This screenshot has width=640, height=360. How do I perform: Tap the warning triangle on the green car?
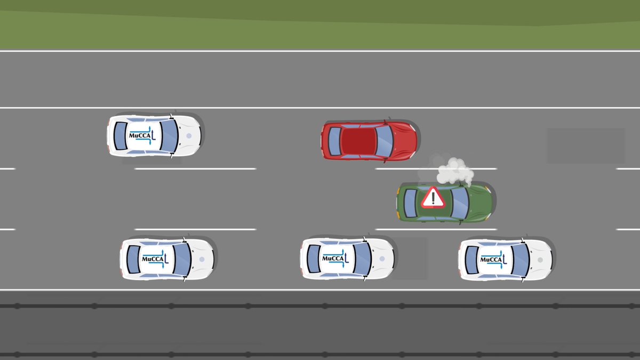(433, 198)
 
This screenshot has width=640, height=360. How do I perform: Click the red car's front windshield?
(384, 141)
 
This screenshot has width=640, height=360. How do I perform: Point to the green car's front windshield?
(460, 203)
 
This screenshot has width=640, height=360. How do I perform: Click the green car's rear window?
(410, 203)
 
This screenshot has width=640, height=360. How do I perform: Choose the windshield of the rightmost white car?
(520, 260)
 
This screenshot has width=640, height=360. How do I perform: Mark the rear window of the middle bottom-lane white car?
(314, 259)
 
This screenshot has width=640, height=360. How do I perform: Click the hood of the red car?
(404, 141)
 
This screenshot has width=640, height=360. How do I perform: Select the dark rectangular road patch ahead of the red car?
(586, 146)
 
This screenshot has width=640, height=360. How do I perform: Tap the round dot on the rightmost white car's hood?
(540, 260)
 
